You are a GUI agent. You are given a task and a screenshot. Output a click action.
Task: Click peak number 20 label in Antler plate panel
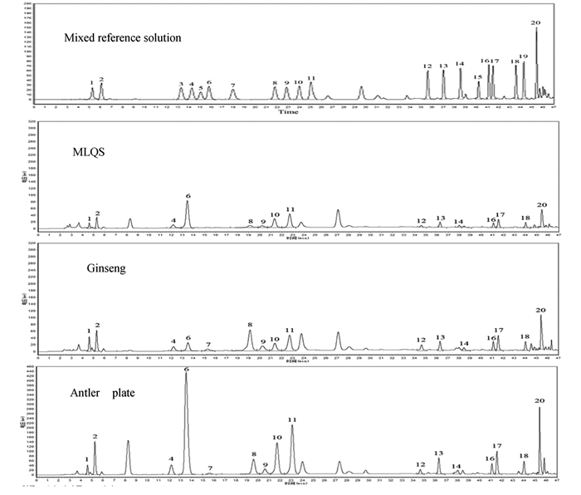click(539, 400)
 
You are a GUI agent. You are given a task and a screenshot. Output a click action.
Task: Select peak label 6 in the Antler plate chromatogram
click(186, 368)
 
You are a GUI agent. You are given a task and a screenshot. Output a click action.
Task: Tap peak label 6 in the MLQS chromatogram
click(188, 196)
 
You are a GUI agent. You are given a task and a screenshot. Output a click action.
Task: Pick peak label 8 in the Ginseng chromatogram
click(249, 324)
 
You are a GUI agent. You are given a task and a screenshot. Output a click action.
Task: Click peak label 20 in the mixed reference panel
click(535, 23)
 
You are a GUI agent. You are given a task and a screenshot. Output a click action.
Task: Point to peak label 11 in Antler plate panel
click(292, 420)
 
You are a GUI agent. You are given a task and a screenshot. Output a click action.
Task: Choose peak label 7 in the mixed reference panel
click(233, 86)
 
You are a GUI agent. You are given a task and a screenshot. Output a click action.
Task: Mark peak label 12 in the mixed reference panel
click(427, 66)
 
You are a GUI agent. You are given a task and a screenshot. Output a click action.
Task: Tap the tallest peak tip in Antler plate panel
click(186, 375)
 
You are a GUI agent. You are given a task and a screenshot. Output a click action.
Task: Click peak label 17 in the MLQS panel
click(500, 215)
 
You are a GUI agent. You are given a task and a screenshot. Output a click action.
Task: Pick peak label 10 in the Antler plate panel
click(277, 437)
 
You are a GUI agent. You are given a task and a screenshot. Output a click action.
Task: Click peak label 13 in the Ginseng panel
click(440, 337)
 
